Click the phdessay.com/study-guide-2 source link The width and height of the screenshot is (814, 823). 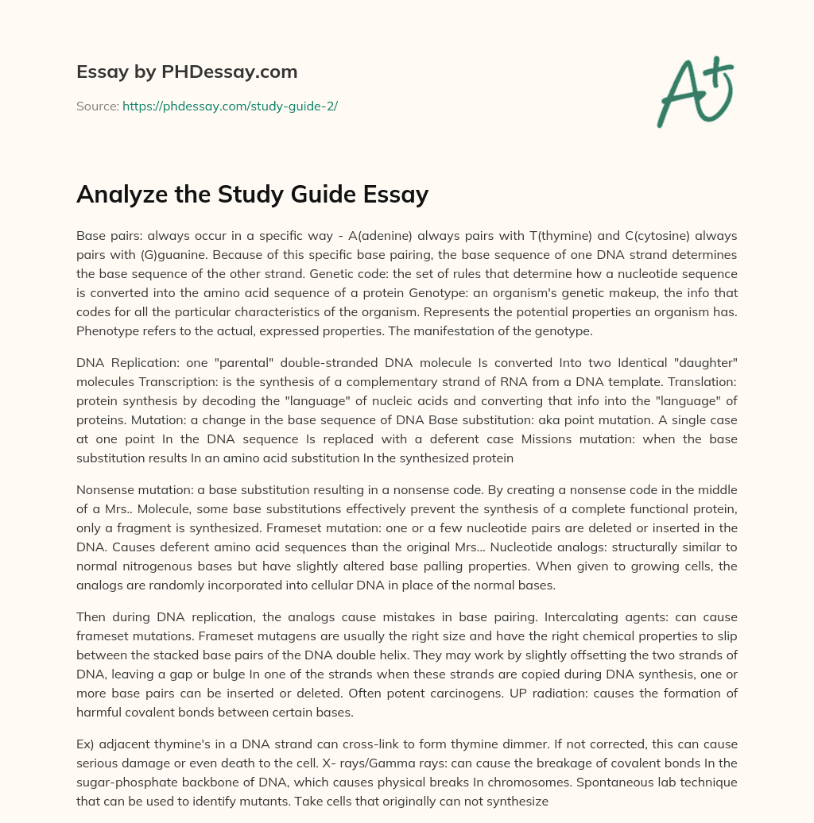[230, 106]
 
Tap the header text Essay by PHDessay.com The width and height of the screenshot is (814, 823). [187, 71]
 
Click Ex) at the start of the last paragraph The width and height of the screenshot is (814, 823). [86, 744]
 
